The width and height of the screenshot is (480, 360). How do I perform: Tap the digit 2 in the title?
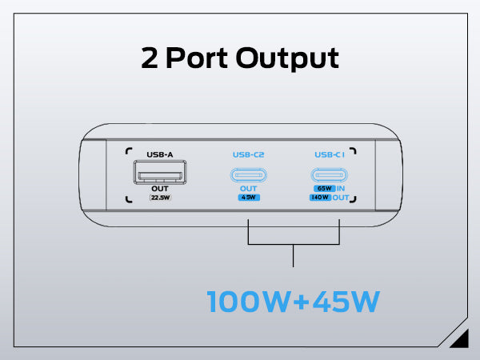tap(150, 58)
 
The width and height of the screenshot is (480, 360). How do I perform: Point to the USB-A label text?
tap(160, 154)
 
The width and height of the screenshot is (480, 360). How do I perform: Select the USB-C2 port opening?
tap(249, 175)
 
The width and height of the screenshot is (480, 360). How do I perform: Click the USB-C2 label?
tap(249, 154)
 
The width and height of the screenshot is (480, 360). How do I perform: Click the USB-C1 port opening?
tap(330, 175)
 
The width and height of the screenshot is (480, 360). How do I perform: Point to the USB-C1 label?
tap(330, 154)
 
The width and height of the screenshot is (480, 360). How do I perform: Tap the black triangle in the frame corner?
tap(459, 341)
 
